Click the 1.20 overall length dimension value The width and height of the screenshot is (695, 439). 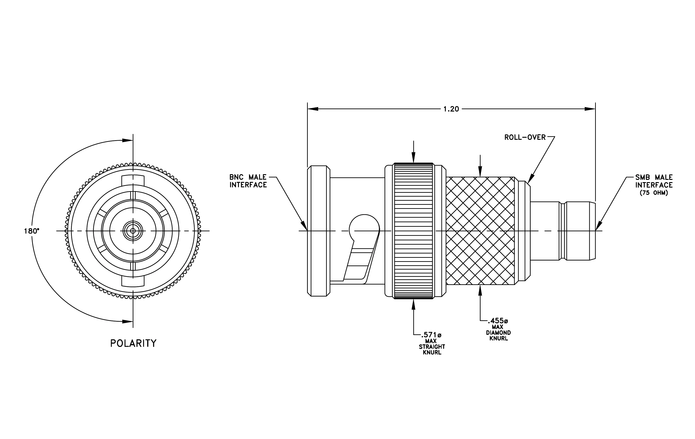pyautogui.click(x=451, y=109)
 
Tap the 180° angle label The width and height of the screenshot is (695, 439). pyautogui.click(x=31, y=231)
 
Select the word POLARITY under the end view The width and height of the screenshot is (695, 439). pyautogui.click(x=133, y=343)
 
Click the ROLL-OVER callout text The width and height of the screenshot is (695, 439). pyautogui.click(x=525, y=137)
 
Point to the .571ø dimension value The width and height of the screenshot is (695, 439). pyautogui.click(x=431, y=335)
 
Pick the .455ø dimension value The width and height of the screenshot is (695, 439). pyautogui.click(x=498, y=321)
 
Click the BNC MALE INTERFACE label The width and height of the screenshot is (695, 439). pyautogui.click(x=248, y=181)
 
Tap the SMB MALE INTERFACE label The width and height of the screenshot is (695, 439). pyautogui.click(x=654, y=181)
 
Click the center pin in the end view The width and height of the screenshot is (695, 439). pyautogui.click(x=133, y=231)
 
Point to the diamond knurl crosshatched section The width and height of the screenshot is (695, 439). pyautogui.click(x=480, y=231)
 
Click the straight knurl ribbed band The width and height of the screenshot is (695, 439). pyautogui.click(x=413, y=231)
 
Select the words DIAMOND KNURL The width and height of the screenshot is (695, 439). pyautogui.click(x=498, y=335)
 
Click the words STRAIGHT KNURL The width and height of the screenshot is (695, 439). pyautogui.click(x=432, y=350)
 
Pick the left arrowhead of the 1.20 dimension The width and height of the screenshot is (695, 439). pyautogui.click(x=313, y=109)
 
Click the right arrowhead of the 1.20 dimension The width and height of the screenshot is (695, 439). pyautogui.click(x=590, y=109)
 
